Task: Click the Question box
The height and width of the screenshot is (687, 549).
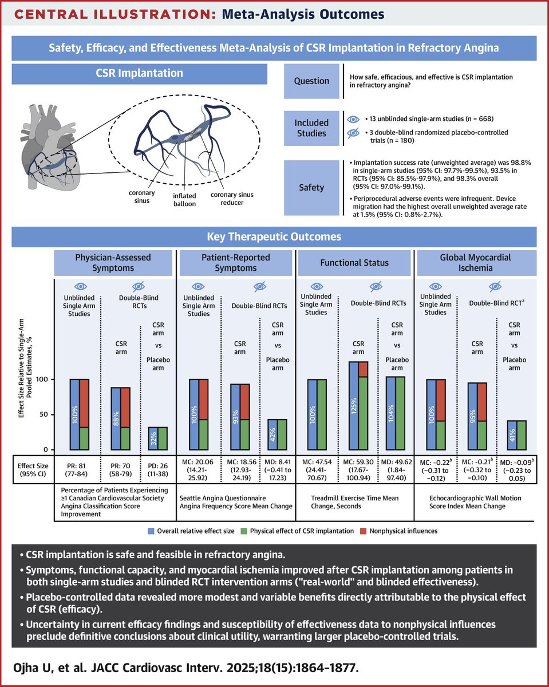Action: [312, 81]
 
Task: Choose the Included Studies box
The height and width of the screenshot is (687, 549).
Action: [312, 127]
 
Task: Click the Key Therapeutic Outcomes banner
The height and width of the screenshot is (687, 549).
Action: [274, 236]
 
